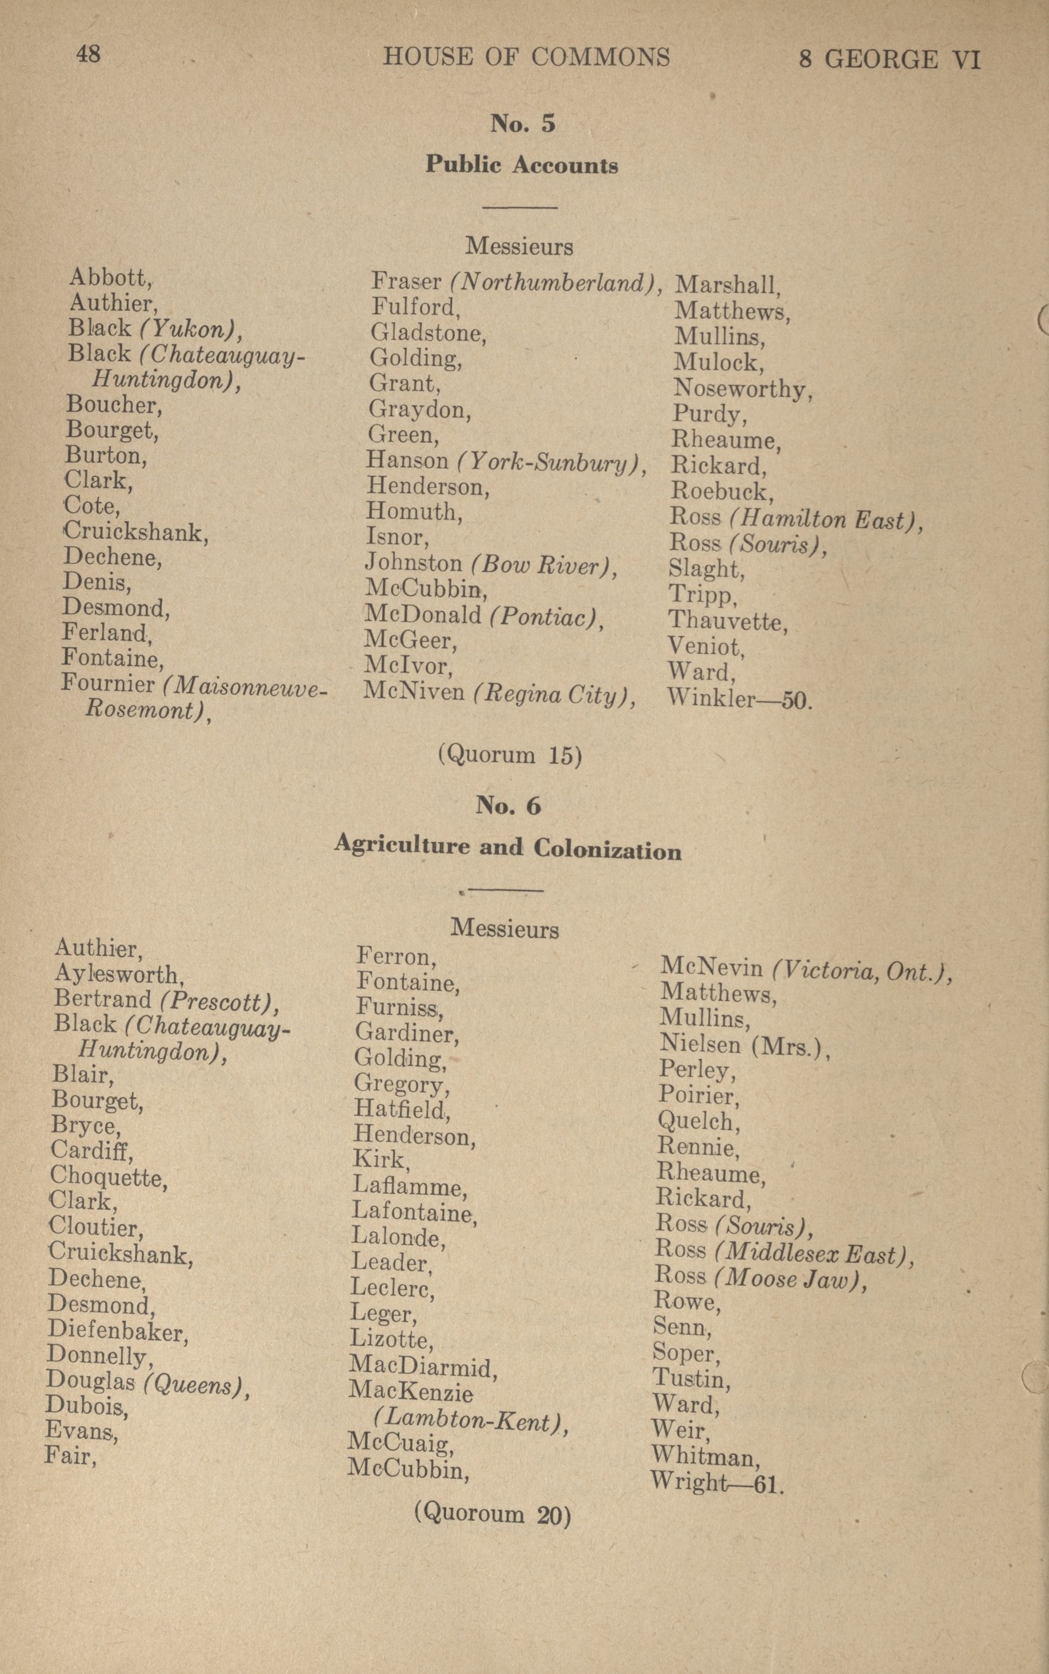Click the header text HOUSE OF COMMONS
tap(527, 57)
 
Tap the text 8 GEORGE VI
tap(889, 59)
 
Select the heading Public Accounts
tap(522, 165)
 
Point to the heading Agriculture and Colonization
tap(508, 847)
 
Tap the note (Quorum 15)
tap(509, 754)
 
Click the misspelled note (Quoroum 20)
tap(493, 1513)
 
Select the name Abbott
tap(110, 278)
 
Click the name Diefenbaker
tap(118, 1331)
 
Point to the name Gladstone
tap(427, 333)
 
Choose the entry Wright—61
tap(717, 1484)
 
